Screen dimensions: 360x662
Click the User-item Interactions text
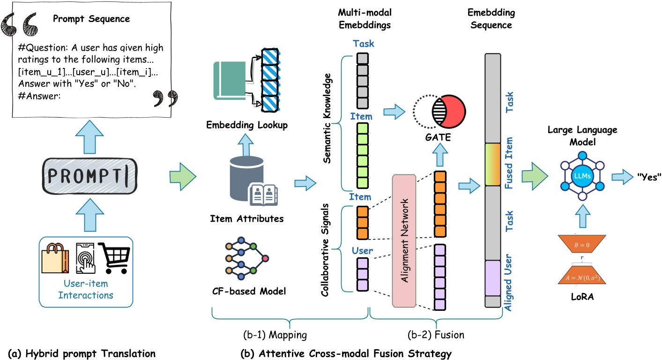click(x=89, y=290)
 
